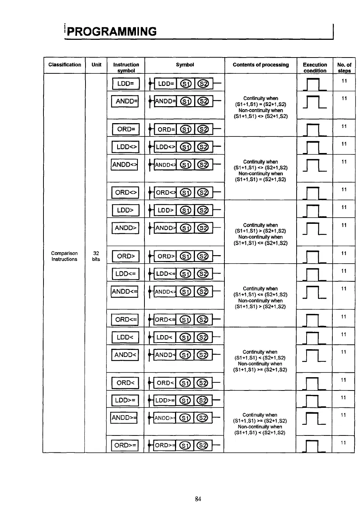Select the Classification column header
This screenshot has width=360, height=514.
tap(64, 65)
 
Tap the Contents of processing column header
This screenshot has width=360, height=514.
tap(261, 65)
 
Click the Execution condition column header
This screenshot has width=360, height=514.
tap(315, 67)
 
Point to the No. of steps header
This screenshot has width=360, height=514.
tap(344, 67)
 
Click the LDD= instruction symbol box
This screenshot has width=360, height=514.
tap(126, 84)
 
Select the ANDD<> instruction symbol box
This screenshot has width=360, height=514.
tap(125, 164)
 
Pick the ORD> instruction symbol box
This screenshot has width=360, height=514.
tap(126, 256)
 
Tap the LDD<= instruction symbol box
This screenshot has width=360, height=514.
tap(126, 274)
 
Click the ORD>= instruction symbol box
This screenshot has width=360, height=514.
tap(125, 445)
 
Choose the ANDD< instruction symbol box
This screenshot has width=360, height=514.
tap(125, 355)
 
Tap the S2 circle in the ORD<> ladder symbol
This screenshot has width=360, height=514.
tap(203, 192)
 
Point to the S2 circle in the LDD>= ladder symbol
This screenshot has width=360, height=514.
tap(203, 400)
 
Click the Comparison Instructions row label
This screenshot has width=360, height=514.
tap(64, 256)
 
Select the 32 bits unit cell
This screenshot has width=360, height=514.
tap(96, 256)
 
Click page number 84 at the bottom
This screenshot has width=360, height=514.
tap(198, 499)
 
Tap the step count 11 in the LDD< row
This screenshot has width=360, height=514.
tap(344, 334)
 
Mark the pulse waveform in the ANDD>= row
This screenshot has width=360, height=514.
tap(314, 419)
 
